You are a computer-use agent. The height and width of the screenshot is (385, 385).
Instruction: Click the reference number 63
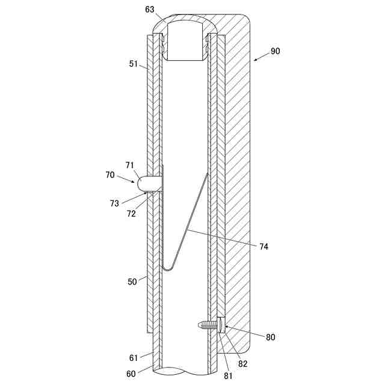pos(150,10)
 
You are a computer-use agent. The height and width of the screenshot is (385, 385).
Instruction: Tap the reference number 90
pos(275,51)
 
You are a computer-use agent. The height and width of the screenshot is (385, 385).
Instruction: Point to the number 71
pos(130,165)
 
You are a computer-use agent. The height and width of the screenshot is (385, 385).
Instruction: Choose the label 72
pos(131,213)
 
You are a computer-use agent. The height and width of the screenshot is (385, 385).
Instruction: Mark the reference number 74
pos(264,246)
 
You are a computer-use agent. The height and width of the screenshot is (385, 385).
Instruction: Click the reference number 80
pos(270,337)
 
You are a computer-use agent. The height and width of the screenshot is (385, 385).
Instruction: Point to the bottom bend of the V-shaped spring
pos(168,268)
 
